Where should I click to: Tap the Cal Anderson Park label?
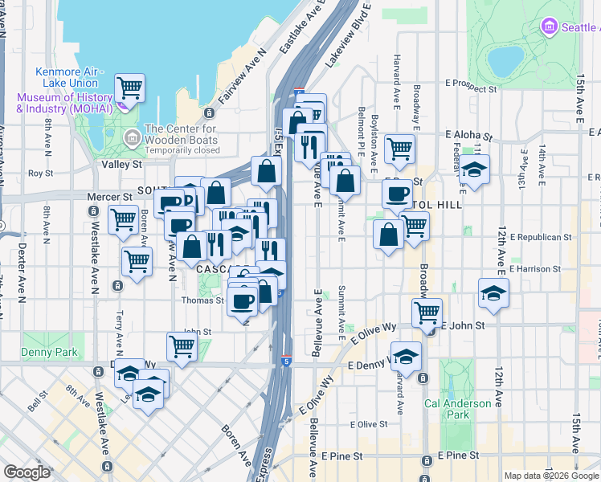pos(457,409)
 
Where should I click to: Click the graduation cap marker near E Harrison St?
pos(493,292)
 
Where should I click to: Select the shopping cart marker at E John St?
pos(427,311)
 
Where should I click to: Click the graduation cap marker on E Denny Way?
pos(407,355)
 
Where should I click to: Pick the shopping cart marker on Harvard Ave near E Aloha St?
pos(399,147)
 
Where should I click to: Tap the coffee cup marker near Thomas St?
pos(242,301)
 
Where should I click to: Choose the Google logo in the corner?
pos(27,472)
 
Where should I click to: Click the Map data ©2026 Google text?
pos(551,476)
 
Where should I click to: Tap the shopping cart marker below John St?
pos(182,347)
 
